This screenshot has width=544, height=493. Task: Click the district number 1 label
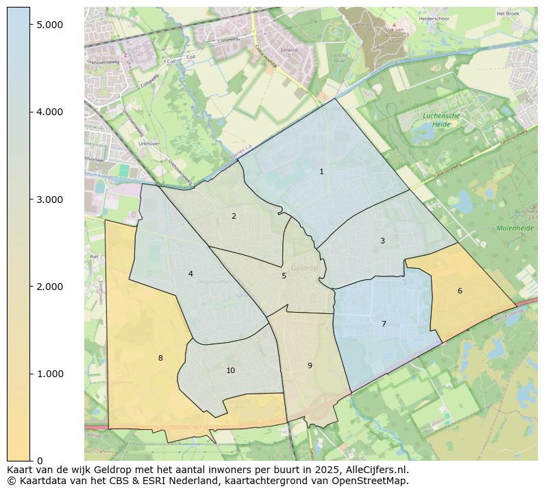pyautogui.click(x=321, y=171)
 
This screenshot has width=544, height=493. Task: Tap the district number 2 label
pyautogui.click(x=234, y=216)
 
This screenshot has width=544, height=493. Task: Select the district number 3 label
pyautogui.click(x=382, y=241)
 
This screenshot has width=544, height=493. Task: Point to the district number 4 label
pyautogui.click(x=190, y=274)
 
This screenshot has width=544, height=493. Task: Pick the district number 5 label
pyautogui.click(x=284, y=276)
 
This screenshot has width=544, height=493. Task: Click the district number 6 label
pyautogui.click(x=460, y=291)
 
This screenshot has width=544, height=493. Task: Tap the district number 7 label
pyautogui.click(x=384, y=324)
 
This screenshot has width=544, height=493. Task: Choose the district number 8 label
pyautogui.click(x=160, y=358)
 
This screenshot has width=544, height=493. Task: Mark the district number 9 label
pyautogui.click(x=310, y=365)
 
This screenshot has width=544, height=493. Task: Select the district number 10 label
pyautogui.click(x=230, y=370)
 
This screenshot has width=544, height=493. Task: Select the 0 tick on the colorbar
pyautogui.click(x=39, y=461)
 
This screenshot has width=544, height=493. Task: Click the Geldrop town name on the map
pyautogui.click(x=304, y=268)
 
